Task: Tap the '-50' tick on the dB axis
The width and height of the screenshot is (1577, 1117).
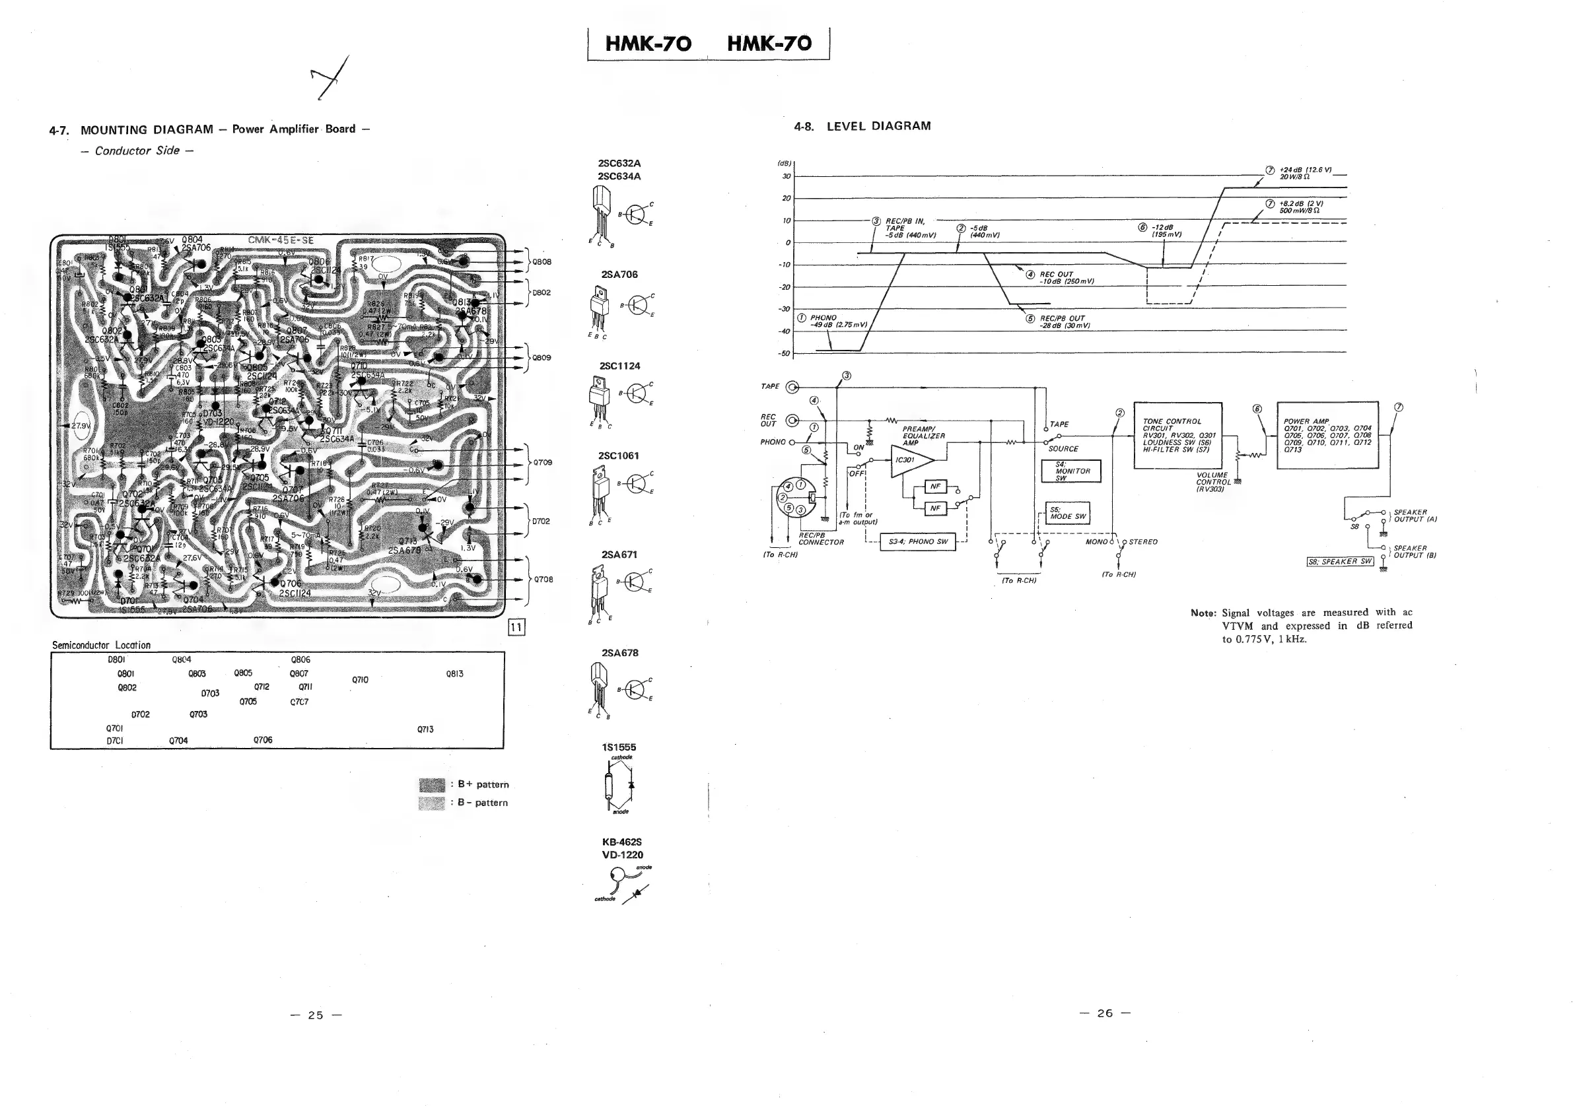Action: tap(785, 354)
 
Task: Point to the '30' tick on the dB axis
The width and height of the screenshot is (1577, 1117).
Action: tap(787, 176)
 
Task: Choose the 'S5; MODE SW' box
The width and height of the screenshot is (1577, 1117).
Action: tap(1067, 514)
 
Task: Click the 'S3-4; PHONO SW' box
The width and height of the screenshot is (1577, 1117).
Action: tap(917, 542)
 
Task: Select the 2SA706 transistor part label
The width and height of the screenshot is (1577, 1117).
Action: tap(619, 275)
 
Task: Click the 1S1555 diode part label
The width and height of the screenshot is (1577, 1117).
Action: tap(619, 747)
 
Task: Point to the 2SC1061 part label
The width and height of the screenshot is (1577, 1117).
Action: tap(619, 456)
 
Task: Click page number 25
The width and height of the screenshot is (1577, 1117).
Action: tap(315, 1015)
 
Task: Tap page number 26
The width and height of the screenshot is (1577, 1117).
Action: tap(1104, 1013)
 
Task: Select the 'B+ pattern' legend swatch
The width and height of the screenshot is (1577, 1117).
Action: tap(432, 785)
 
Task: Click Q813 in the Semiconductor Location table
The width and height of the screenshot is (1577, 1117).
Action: tap(454, 674)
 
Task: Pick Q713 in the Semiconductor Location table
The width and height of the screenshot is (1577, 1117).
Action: tap(425, 729)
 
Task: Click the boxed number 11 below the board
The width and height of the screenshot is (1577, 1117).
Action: tap(516, 626)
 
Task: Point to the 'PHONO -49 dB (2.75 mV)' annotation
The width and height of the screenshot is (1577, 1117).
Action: tap(833, 322)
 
